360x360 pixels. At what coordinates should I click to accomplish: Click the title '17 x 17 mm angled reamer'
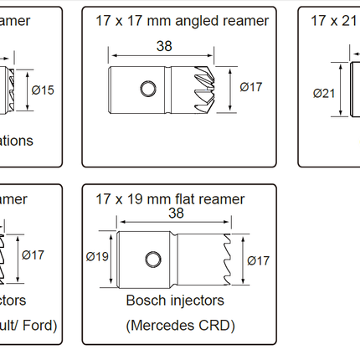(x=183, y=20)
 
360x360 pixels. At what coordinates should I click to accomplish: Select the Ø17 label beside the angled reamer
(x=251, y=86)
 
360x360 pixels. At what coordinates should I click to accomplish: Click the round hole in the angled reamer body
(x=147, y=87)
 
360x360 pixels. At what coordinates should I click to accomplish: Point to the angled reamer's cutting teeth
(x=200, y=87)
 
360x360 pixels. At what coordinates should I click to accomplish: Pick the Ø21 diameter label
(x=324, y=93)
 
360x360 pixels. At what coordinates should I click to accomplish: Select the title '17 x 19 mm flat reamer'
(x=170, y=198)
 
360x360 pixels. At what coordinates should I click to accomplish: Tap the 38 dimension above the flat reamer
(x=175, y=213)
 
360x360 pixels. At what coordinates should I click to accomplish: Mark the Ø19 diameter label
(x=99, y=258)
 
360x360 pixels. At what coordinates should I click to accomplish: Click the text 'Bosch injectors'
(x=175, y=300)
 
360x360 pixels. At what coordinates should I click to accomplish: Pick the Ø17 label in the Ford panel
(x=34, y=255)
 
